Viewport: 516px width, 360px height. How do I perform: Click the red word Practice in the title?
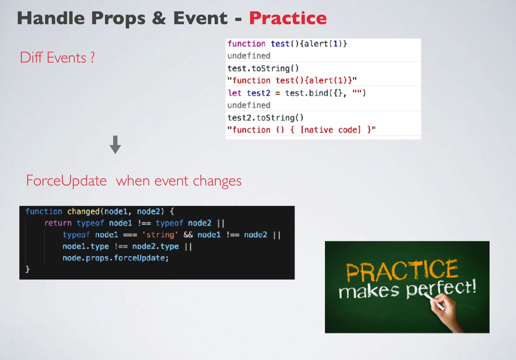pos(288,18)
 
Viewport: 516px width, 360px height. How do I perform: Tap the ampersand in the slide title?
pos(159,18)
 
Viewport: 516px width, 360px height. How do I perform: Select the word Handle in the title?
pos(51,18)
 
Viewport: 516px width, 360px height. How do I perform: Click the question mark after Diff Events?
pos(92,57)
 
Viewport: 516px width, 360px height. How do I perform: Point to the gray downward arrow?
pos(115,144)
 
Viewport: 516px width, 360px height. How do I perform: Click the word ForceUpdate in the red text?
pos(66,181)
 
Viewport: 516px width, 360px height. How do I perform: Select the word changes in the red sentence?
pos(217,181)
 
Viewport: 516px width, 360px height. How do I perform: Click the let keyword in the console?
pos(234,93)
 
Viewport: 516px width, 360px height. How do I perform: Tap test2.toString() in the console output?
pos(265,118)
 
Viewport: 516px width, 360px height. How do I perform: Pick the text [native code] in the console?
pos(331,130)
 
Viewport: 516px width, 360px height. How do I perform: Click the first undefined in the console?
pos(249,56)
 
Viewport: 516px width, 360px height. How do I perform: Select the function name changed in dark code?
pos(83,212)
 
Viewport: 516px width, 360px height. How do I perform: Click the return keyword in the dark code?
pos(58,223)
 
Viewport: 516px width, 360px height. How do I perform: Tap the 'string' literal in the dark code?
pos(160,235)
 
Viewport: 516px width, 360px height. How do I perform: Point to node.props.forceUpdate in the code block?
pos(116,258)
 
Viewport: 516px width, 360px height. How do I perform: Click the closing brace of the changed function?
pos(27,269)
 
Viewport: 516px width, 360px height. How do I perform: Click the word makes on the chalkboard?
pos(369,291)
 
